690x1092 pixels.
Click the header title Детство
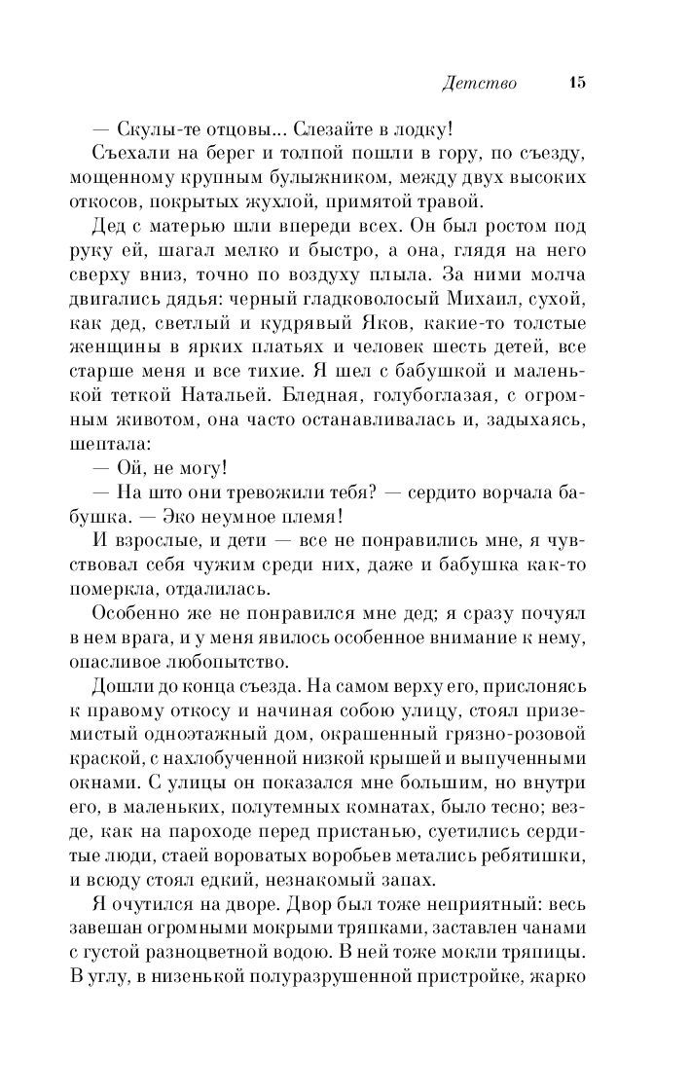[x=478, y=84]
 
